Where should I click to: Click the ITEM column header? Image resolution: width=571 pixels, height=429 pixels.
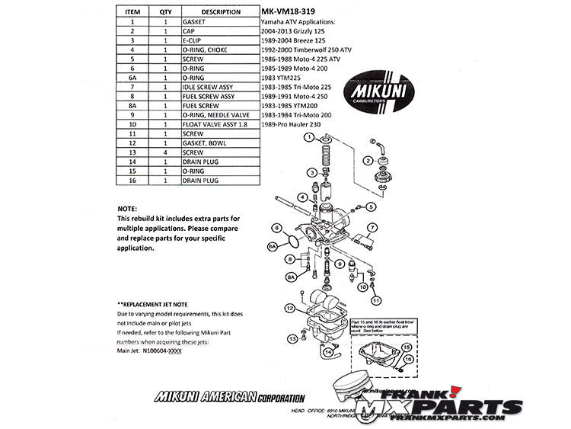coord(132,12)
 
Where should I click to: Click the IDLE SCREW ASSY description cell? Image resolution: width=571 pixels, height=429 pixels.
coord(209,87)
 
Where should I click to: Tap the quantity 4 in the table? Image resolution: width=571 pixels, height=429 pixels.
coord(165,151)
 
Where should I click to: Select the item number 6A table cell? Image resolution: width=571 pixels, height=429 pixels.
coord(132,78)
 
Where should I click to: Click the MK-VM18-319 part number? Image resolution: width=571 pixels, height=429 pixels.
coord(288,12)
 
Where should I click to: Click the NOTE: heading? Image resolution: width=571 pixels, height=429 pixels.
coord(128,208)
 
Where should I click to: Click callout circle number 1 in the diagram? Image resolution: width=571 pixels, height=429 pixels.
coord(309,138)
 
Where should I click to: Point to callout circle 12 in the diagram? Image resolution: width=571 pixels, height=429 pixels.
coord(289,308)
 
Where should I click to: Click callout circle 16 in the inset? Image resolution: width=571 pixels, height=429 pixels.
coord(408,357)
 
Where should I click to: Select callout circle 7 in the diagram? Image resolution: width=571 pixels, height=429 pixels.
coord(373,228)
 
